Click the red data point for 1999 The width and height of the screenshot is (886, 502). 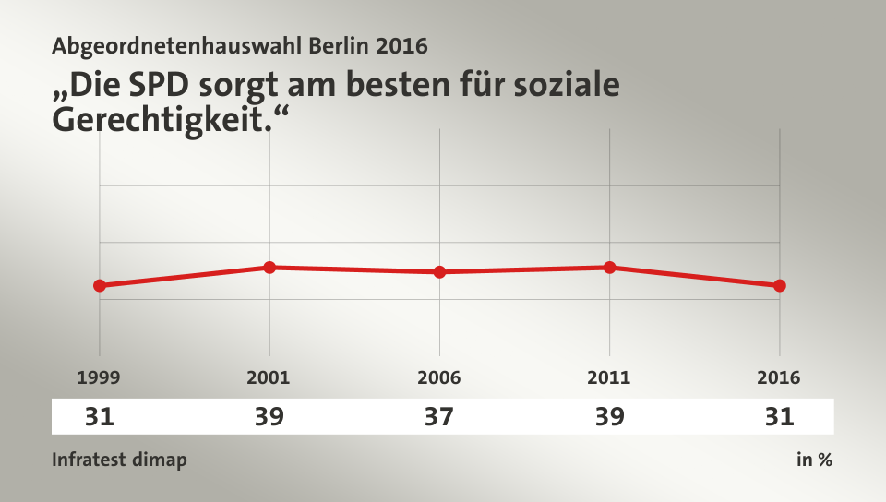point(100,285)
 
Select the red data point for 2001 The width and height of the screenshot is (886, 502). point(269,268)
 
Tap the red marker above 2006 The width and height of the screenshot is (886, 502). point(439,272)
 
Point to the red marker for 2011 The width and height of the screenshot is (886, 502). point(610,268)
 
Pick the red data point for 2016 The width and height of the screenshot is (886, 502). point(780,285)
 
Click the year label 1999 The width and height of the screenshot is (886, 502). point(99,377)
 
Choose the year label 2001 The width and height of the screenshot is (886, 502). point(269,377)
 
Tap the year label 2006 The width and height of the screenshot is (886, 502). point(439,377)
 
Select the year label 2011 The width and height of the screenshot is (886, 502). point(609,377)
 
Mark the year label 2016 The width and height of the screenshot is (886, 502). point(780,377)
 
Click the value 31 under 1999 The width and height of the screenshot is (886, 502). point(99,417)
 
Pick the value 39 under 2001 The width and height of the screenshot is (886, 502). point(269,417)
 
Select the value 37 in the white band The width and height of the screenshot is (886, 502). point(439,417)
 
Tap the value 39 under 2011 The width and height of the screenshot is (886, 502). point(609,417)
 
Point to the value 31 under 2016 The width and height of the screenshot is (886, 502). point(780,417)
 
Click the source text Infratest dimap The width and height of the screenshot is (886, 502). point(119,460)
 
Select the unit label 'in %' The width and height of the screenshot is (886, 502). point(814,460)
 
